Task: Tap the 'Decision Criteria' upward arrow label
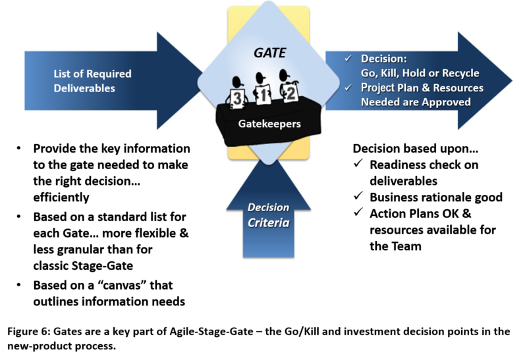[268, 215]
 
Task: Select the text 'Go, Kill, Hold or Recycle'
[420, 73]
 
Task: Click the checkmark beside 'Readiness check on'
[358, 165]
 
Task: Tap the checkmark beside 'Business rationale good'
[358, 197]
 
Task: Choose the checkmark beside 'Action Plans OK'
[358, 213]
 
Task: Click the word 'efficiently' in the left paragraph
[61, 197]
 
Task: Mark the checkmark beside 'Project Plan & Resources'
[349, 88]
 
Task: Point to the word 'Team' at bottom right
[407, 246]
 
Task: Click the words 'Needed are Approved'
[416, 102]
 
